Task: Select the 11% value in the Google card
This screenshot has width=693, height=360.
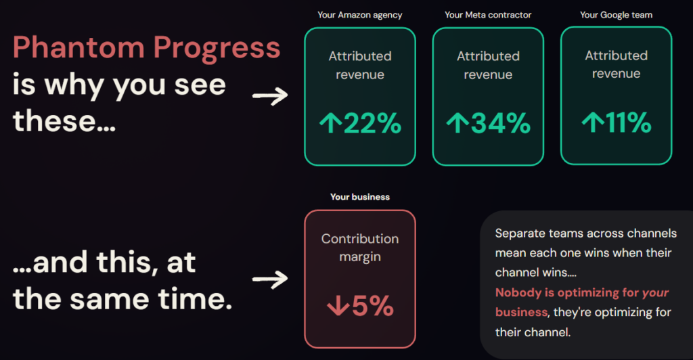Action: tap(628, 124)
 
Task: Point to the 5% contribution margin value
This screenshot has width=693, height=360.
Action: tap(372, 307)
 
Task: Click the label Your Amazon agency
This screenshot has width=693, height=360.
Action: tap(359, 15)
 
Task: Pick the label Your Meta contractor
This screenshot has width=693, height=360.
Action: tap(488, 15)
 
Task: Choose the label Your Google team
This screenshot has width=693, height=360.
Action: tap(616, 15)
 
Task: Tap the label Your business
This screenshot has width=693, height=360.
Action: tap(359, 197)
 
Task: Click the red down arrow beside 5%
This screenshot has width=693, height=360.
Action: tap(336, 307)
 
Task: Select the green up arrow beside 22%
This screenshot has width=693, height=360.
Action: tap(330, 124)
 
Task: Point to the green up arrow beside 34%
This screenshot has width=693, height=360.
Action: tap(457, 124)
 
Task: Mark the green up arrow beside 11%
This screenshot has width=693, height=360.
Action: tap(593, 124)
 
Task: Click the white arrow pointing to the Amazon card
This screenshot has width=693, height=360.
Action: tap(269, 97)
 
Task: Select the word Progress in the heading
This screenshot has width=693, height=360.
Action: tap(217, 49)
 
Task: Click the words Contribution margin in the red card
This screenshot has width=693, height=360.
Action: tap(359, 248)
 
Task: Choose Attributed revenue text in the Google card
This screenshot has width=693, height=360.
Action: tap(616, 64)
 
